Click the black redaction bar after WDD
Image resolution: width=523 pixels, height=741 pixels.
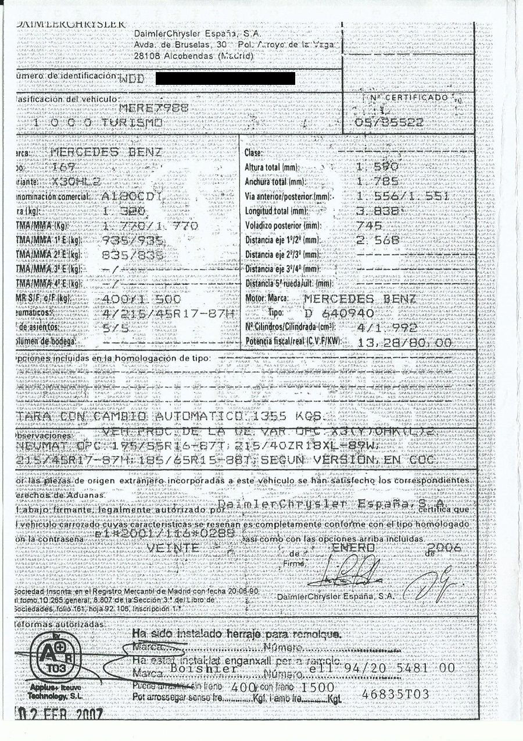tap(225, 78)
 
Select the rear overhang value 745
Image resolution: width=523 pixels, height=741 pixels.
tap(371, 225)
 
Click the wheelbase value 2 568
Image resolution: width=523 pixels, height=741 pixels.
tap(378, 240)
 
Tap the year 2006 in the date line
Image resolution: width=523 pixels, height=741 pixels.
tap(445, 547)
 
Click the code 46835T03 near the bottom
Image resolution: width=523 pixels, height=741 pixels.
tap(395, 694)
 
